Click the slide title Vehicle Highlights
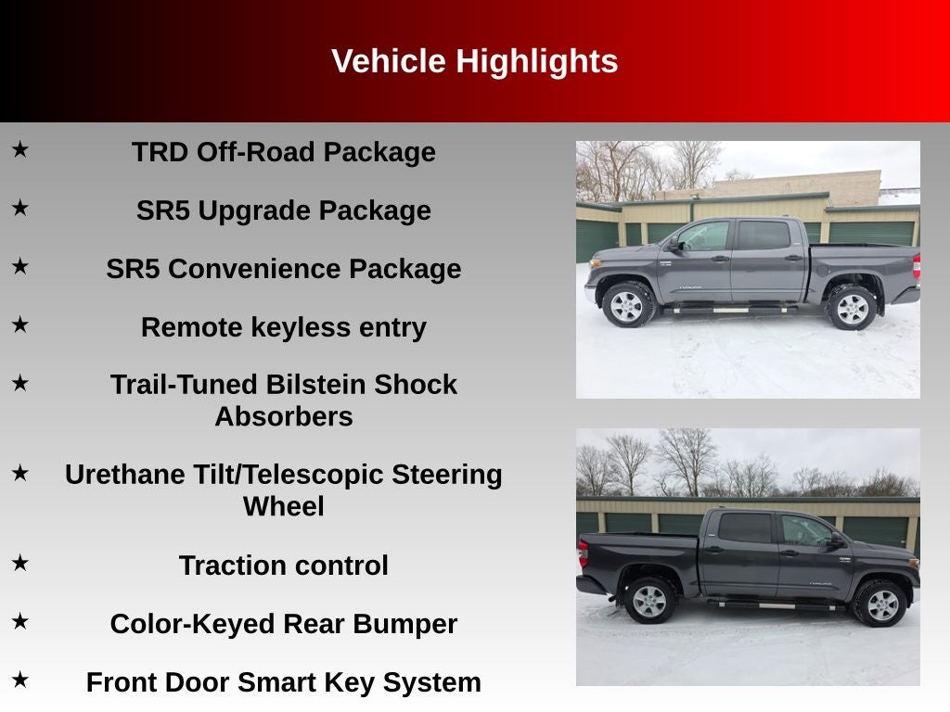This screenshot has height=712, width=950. [474, 61]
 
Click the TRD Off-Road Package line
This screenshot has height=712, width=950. [283, 152]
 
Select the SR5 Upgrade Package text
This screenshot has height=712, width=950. [283, 210]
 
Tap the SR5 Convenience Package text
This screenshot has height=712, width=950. [283, 269]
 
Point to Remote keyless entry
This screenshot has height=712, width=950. [283, 327]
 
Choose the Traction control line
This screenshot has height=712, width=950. [283, 566]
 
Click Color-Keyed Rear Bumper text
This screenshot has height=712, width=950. [283, 624]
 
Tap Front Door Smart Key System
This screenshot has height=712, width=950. [283, 682]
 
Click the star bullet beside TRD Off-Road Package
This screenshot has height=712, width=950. [20, 149]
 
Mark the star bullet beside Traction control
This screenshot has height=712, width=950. [20, 563]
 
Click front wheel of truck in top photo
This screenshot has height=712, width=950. [627, 305]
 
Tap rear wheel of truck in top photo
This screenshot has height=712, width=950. [851, 307]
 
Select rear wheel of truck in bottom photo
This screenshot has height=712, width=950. [650, 600]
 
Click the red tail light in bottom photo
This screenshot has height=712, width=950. [582, 553]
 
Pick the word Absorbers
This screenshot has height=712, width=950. [283, 416]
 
